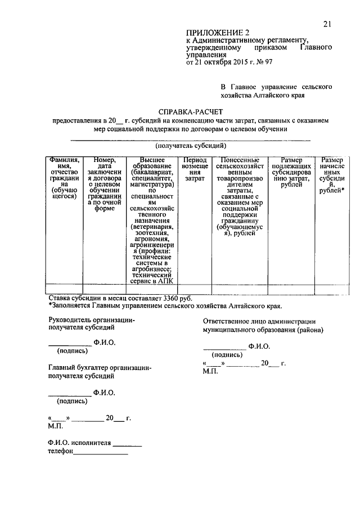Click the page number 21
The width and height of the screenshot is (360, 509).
[327, 23]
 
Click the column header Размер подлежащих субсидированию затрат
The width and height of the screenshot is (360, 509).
[290, 170]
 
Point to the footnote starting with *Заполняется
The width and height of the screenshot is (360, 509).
[165, 306]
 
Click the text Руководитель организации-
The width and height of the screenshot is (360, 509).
[92, 319]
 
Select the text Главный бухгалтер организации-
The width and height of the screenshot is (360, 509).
[100, 367]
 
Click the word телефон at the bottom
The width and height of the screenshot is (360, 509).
[61, 451]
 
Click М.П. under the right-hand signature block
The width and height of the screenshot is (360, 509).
[211, 372]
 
